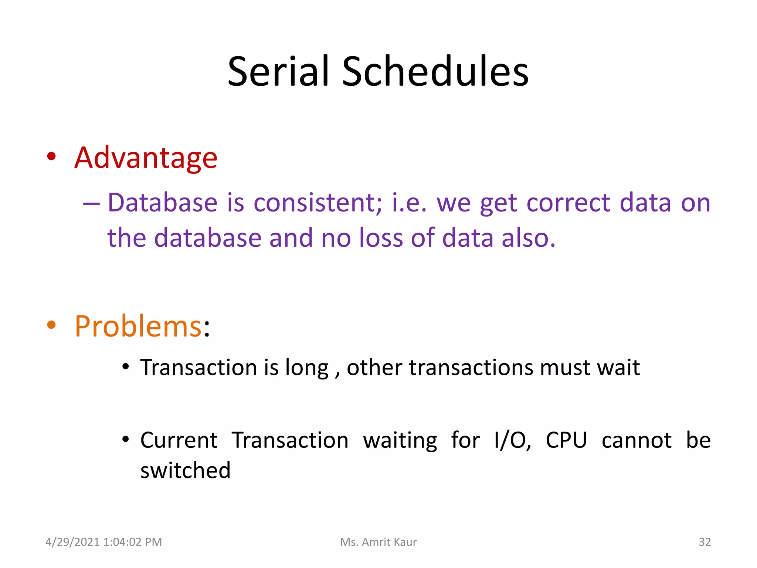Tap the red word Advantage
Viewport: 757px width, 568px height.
[x=146, y=158]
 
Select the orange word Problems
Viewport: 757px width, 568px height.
[x=138, y=327]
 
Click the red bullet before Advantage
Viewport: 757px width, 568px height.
[x=51, y=156]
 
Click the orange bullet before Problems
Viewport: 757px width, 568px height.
[x=51, y=325]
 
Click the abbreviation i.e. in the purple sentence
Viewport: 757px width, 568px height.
[x=409, y=203]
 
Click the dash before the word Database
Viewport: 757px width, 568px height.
[x=91, y=204]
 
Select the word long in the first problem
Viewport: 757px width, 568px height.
[x=306, y=368]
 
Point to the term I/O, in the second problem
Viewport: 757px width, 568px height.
[x=513, y=440]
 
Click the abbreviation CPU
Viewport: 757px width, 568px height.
[x=566, y=440]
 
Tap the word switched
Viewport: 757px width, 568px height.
[x=185, y=470]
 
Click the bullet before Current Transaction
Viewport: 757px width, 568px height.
[x=126, y=439]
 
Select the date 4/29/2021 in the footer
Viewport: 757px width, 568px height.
[x=72, y=542]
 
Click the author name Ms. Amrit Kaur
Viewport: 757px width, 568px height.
[x=378, y=542]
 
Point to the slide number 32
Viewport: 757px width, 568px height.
[x=705, y=542]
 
